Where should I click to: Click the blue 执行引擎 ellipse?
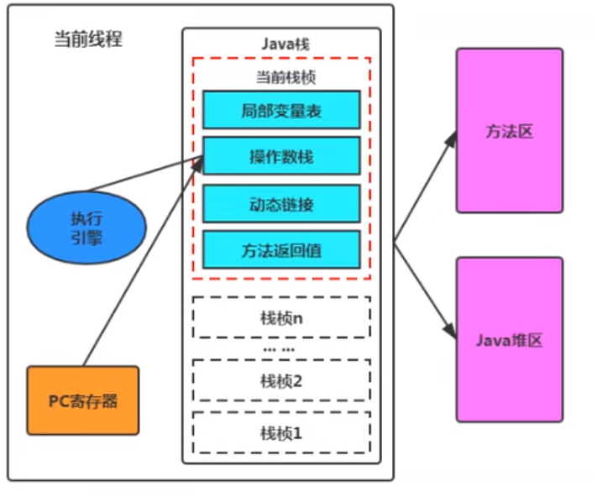click(x=86, y=227)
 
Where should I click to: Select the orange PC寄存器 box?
click(x=83, y=400)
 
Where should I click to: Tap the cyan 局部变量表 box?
click(x=281, y=110)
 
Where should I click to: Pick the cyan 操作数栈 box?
click(x=281, y=156)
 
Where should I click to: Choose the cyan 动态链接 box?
click(x=281, y=204)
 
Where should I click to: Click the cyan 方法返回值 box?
click(x=281, y=249)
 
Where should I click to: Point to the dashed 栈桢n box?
click(x=282, y=317)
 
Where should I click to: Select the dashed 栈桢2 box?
click(x=282, y=380)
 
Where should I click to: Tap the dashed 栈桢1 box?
click(x=282, y=432)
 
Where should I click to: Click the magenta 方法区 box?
click(x=510, y=131)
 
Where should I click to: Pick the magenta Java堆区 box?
click(x=510, y=339)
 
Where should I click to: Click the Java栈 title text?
click(x=285, y=44)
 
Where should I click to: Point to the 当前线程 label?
click(x=88, y=39)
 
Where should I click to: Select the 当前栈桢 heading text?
click(x=286, y=77)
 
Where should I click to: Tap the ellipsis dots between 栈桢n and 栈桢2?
click(x=279, y=349)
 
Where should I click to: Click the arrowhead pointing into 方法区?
click(x=452, y=139)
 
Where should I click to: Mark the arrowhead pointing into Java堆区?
click(x=451, y=331)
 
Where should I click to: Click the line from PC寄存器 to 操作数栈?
click(x=143, y=263)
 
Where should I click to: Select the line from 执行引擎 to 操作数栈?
click(x=145, y=174)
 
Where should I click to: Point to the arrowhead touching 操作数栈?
click(x=198, y=165)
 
